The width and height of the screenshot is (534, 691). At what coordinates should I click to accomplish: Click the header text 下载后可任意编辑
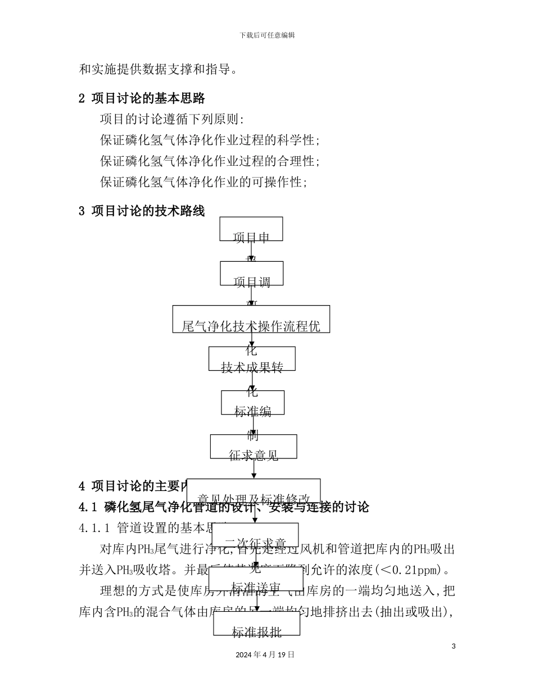coord(267,35)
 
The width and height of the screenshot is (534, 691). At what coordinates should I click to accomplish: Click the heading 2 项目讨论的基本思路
coord(142,98)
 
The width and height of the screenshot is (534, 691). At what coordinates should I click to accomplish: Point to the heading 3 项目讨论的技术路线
coord(142,211)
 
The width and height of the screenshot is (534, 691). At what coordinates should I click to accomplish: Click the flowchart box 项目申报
coord(251,229)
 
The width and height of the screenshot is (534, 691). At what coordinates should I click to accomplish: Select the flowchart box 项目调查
coord(251,274)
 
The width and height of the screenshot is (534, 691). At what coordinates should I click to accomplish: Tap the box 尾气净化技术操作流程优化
coord(251,319)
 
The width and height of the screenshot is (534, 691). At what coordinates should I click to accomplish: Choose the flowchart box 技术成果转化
coord(251,359)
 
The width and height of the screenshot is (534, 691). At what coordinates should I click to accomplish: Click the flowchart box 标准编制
coord(252,403)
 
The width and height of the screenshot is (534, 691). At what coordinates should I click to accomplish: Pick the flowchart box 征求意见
coord(254,447)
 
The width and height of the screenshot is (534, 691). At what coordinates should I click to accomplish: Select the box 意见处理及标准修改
coord(254,491)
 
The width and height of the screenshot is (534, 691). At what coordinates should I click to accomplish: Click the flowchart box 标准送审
coord(256,579)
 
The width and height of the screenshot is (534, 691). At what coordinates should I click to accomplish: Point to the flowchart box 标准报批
coord(256,624)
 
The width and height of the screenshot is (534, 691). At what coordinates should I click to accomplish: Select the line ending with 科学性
coord(210,140)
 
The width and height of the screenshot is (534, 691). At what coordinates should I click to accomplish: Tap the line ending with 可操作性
coord(203,182)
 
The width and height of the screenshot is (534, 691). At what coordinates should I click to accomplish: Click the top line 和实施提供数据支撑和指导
coord(158,70)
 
